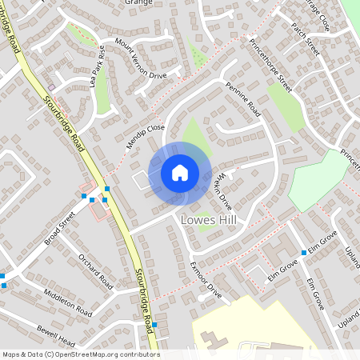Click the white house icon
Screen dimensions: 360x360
[x=180, y=173]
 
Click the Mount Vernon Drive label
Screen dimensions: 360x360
[x=140, y=58]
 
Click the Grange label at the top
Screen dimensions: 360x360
[x=138, y=2]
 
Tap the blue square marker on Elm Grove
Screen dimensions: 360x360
[x=303, y=253]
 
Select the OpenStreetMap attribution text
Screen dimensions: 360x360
[x=80, y=354]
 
